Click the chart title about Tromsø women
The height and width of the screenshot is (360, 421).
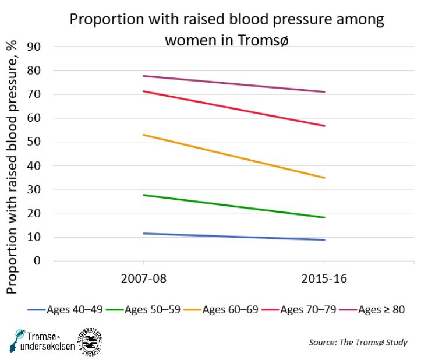click(227, 30)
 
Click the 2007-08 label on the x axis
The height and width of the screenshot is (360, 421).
click(143, 279)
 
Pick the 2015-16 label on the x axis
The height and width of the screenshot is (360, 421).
click(324, 279)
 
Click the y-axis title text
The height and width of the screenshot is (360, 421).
click(13, 166)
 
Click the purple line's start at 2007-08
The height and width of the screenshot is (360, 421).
click(143, 76)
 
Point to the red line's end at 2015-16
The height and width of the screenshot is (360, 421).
click(324, 126)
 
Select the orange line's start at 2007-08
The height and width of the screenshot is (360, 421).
click(143, 135)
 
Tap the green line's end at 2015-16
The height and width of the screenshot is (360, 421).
click(324, 217)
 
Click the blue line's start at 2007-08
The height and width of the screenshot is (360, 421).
click(143, 234)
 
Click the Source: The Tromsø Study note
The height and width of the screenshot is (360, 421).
click(358, 343)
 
